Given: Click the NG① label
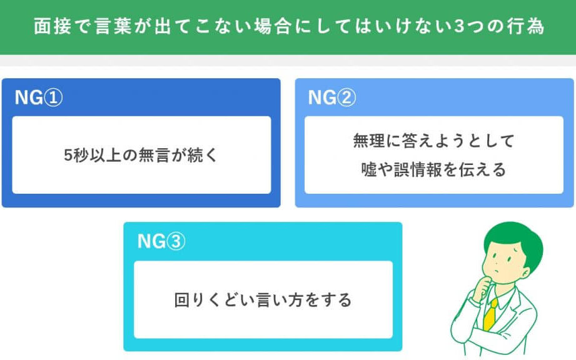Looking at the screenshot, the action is coord(39,97).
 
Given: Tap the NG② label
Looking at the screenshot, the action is coord(331,97).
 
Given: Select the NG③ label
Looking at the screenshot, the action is coord(161,241).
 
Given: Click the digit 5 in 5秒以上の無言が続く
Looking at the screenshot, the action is coord(68,155).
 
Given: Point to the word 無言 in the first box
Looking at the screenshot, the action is coord(154,155).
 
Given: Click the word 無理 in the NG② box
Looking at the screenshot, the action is coord(369,141).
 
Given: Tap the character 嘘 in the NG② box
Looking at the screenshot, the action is coord(369,169).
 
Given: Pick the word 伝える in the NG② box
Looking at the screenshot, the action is coord(483,169).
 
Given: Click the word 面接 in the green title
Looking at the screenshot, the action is coord(52,26).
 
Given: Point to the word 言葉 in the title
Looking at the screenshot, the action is coord(113,26).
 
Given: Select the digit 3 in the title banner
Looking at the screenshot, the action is coord(459,26).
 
